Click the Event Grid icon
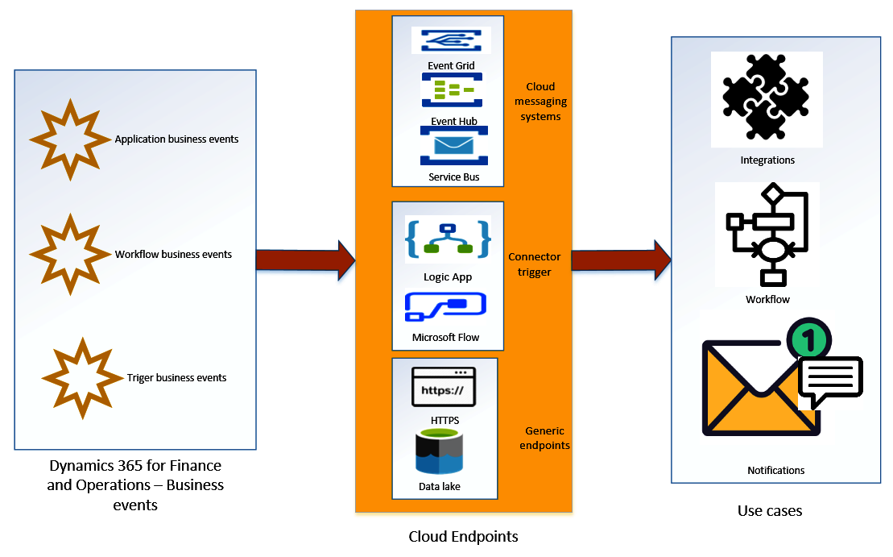451,40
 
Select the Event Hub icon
451,90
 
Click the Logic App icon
448,239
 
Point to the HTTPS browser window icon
443,388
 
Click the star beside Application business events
69,139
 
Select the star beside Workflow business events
69,254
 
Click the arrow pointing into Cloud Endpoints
305,260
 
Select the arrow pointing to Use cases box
621,260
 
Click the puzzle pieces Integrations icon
766,98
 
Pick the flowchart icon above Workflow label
767,235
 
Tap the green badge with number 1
809,339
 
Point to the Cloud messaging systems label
540,102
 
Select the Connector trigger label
535,264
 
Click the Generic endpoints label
544,438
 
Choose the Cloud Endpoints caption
463,536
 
